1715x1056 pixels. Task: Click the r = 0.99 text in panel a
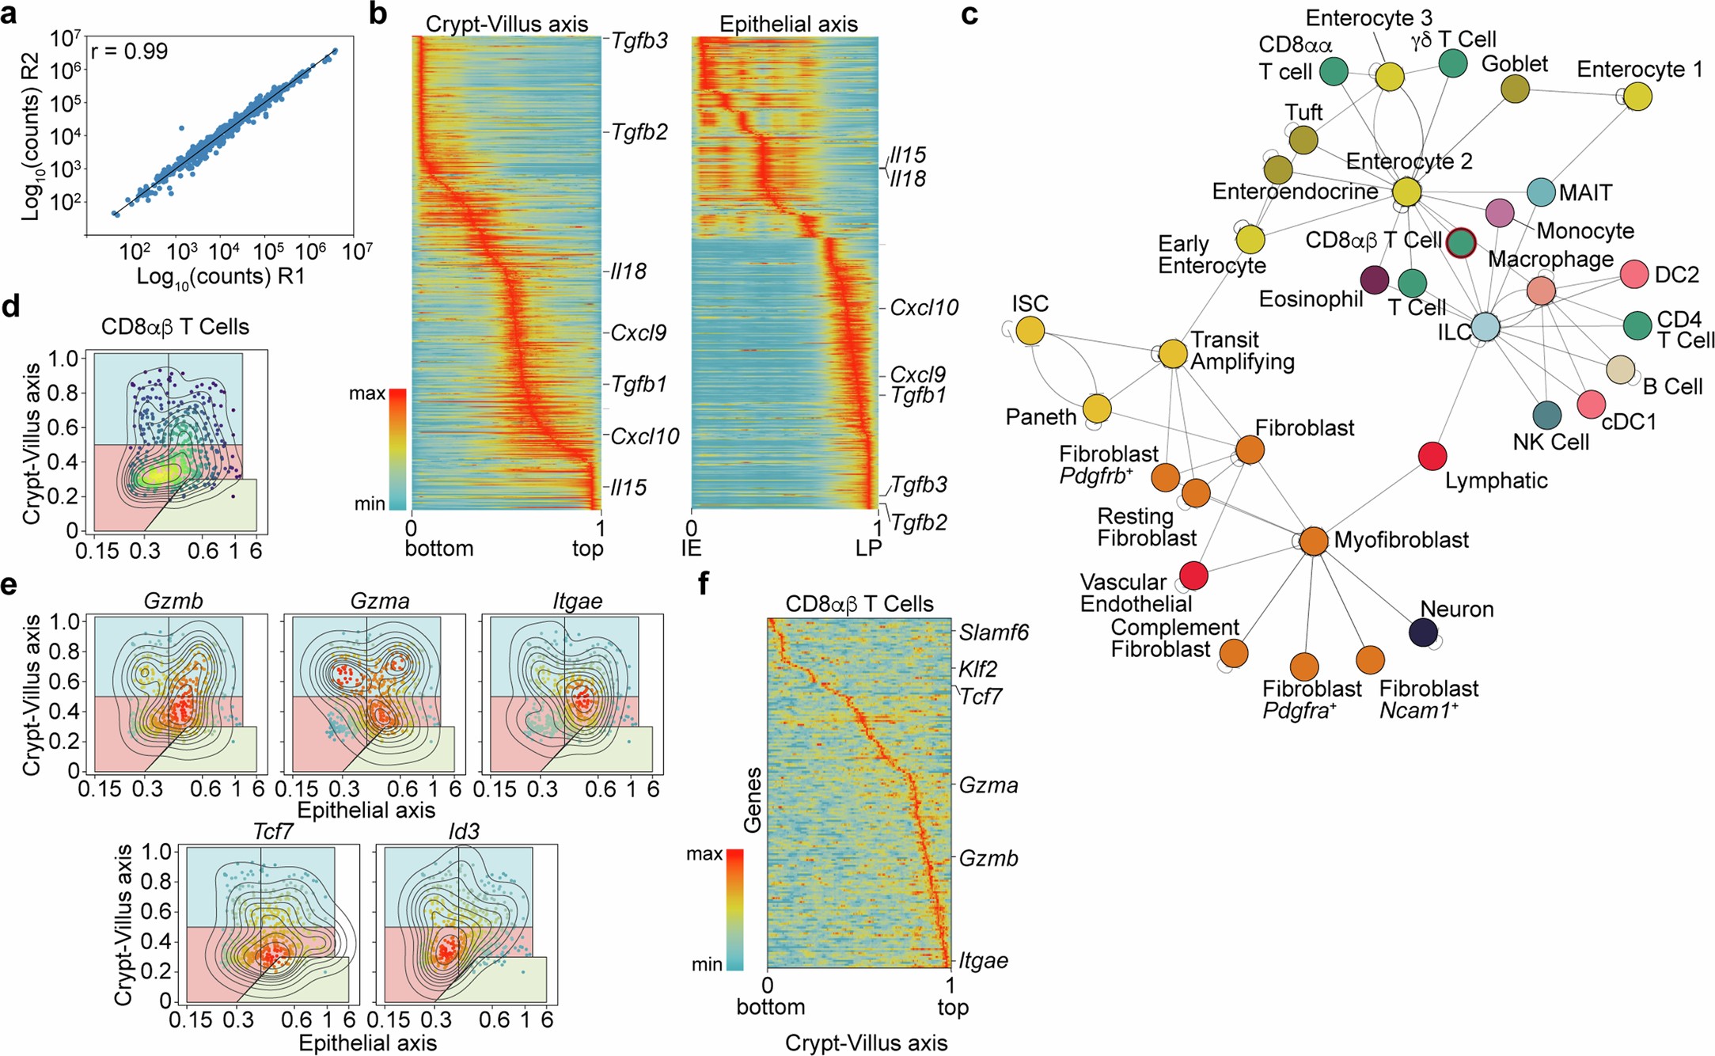tap(130, 52)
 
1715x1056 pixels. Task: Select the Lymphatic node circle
tap(1432, 456)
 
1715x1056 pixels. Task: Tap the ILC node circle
tap(1485, 327)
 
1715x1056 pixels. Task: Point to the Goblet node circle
tap(1515, 89)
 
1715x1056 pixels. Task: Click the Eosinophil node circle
tap(1375, 280)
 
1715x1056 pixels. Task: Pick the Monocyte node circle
tap(1500, 212)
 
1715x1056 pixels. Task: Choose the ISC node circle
tap(1030, 330)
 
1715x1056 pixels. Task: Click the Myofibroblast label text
tap(1401, 540)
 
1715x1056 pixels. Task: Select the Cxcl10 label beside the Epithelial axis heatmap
tap(924, 308)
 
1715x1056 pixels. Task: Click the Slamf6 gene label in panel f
tap(993, 632)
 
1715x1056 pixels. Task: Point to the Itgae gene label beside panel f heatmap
tap(984, 961)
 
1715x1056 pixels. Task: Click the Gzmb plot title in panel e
tap(173, 602)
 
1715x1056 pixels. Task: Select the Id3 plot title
tap(464, 832)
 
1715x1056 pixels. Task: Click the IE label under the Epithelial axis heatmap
tap(692, 548)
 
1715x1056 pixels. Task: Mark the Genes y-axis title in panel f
tap(753, 799)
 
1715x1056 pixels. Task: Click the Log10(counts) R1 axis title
tap(220, 277)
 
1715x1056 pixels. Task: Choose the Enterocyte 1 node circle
tap(1637, 97)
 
